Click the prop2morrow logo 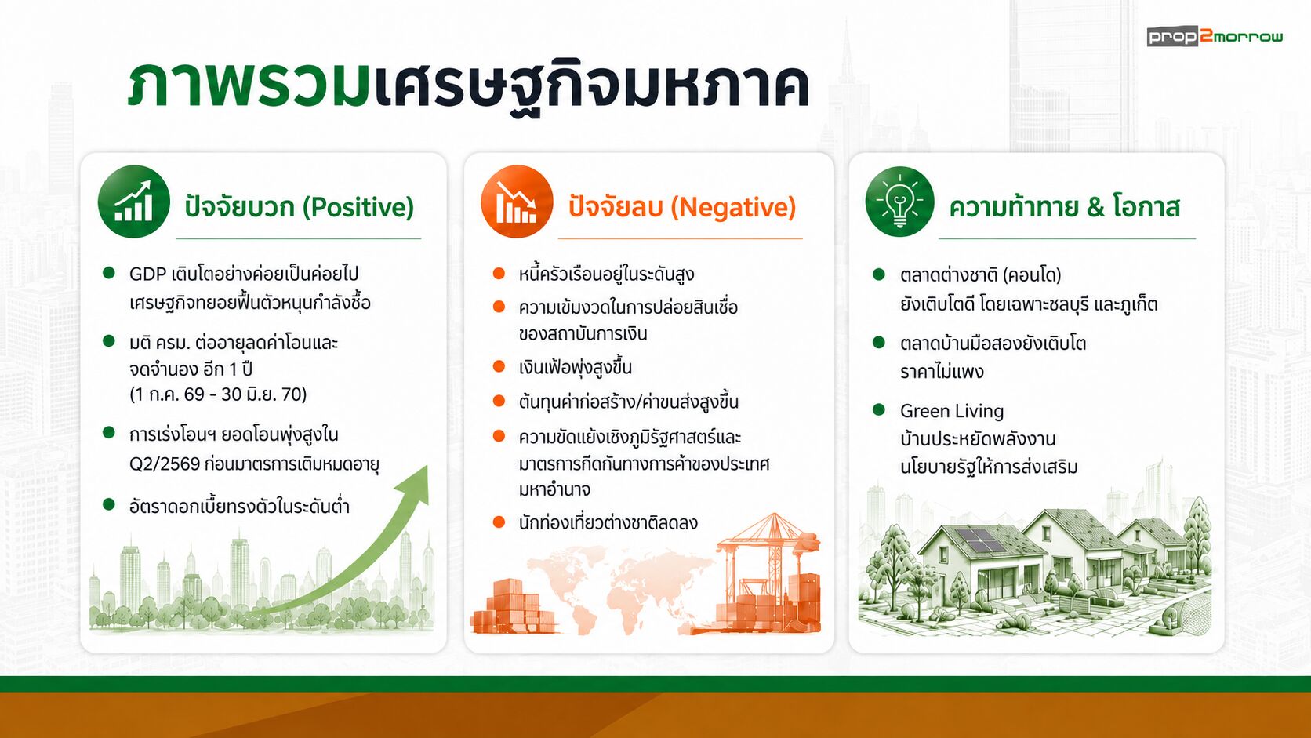[1215, 37]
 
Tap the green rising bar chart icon [134, 202]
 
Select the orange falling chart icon [517, 202]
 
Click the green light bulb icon [899, 202]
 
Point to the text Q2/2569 [165, 464]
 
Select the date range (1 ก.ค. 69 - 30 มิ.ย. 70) [218, 394]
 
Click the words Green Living [952, 411]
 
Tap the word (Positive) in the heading [358, 207]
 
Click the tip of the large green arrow [427, 467]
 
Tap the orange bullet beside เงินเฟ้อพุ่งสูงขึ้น [499, 367]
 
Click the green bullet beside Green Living [878, 409]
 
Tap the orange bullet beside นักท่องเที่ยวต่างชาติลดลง [499, 522]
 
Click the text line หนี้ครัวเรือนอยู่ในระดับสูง [606, 274]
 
